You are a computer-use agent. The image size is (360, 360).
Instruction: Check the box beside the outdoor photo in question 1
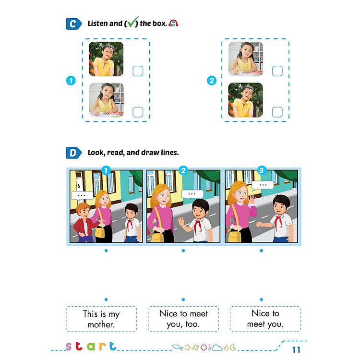tap(138, 72)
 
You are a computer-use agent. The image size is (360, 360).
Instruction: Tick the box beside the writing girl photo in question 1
tap(138, 112)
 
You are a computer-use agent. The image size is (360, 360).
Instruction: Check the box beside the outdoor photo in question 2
tap(277, 112)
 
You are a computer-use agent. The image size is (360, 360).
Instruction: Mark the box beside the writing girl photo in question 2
tap(277, 71)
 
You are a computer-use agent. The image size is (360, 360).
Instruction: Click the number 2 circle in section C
tap(212, 81)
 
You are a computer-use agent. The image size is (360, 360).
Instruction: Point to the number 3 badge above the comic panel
tap(262, 170)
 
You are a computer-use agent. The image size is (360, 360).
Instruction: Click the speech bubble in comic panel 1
tap(81, 195)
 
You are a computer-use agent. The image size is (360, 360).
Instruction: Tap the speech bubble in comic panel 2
tap(192, 194)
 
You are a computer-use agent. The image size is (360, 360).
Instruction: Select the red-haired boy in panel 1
tap(84, 221)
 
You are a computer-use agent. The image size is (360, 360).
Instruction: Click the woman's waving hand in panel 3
tap(252, 198)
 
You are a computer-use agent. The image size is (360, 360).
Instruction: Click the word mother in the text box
tap(101, 324)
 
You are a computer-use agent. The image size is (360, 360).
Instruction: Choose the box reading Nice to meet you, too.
tap(183, 319)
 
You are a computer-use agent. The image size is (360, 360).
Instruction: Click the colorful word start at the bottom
tap(91, 346)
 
